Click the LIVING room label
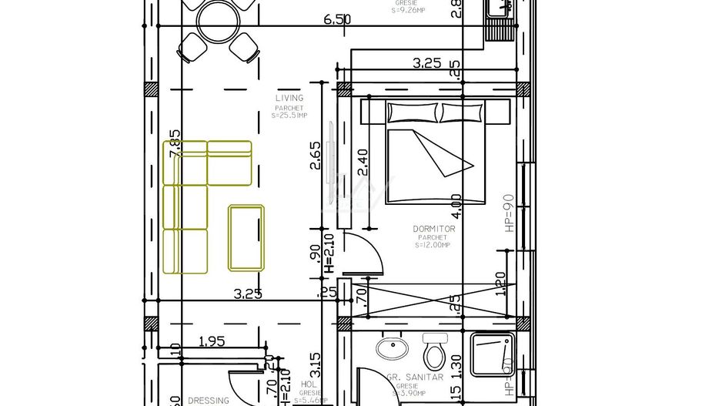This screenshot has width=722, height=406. click(289, 98)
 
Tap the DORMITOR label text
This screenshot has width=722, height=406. click(434, 229)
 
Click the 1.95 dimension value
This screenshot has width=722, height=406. click(212, 341)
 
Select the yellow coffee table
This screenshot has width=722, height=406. click(246, 237)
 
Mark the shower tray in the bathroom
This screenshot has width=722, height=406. click(493, 354)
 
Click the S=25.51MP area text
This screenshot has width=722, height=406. click(289, 116)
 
